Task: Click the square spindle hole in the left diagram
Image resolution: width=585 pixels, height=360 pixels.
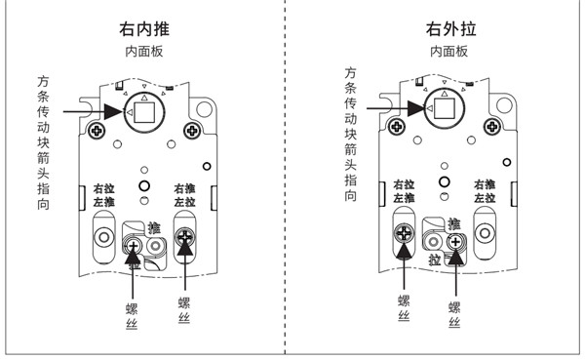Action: [x=145, y=114]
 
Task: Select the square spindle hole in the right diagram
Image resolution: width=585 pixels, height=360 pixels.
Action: [x=447, y=109]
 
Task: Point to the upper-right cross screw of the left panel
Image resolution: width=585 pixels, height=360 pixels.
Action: [x=193, y=130]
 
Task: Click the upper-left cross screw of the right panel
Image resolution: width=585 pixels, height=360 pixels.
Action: [x=399, y=125]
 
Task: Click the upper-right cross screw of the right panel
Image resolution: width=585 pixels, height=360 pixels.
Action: [x=494, y=125]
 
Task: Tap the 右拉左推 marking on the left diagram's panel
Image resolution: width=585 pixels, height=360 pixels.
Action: [x=104, y=195]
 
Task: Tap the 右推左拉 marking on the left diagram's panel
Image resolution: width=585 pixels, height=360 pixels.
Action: [x=184, y=195]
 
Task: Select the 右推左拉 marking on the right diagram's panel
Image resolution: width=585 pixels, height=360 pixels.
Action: [x=485, y=190]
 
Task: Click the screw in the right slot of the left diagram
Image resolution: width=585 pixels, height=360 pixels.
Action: [x=184, y=234]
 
